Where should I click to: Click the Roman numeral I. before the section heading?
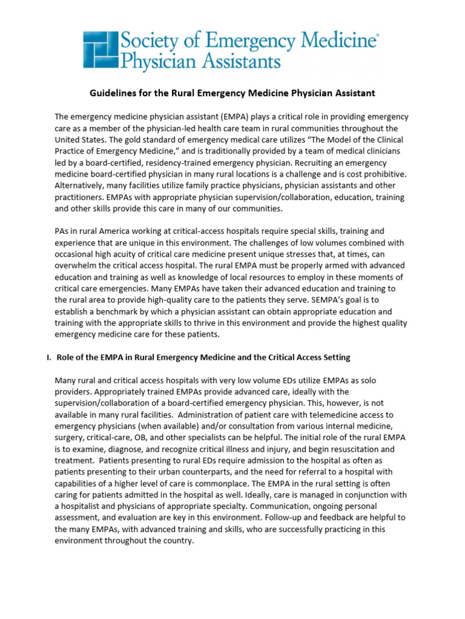pyautogui.click(x=49, y=357)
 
